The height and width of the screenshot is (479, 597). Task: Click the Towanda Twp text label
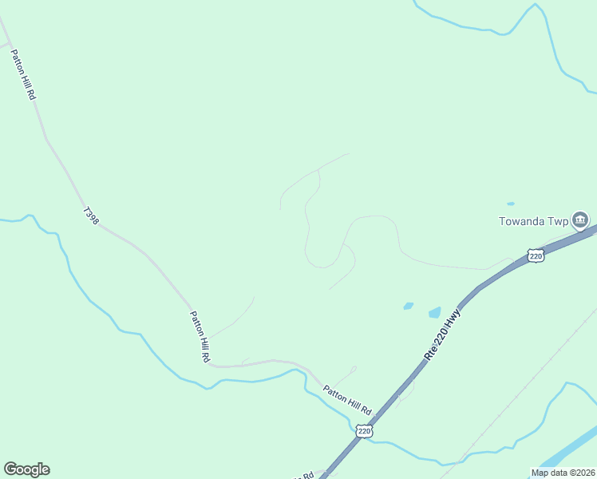pyautogui.click(x=533, y=221)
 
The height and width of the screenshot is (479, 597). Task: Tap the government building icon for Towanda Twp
pyautogui.click(x=580, y=220)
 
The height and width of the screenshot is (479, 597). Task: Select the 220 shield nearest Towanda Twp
pyautogui.click(x=536, y=255)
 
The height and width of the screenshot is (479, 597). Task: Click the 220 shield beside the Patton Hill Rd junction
pyautogui.click(x=364, y=431)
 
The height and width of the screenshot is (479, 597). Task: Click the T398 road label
pyautogui.click(x=90, y=216)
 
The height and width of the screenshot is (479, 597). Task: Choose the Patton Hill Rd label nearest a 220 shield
pyautogui.click(x=347, y=399)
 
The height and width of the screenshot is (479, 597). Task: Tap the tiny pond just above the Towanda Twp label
pyautogui.click(x=511, y=204)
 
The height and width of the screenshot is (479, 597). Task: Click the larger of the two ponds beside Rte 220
pyautogui.click(x=434, y=312)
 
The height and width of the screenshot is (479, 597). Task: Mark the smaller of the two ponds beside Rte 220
pyautogui.click(x=409, y=305)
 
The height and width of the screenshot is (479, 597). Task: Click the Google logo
pyautogui.click(x=26, y=469)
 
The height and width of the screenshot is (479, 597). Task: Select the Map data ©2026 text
pyautogui.click(x=563, y=473)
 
